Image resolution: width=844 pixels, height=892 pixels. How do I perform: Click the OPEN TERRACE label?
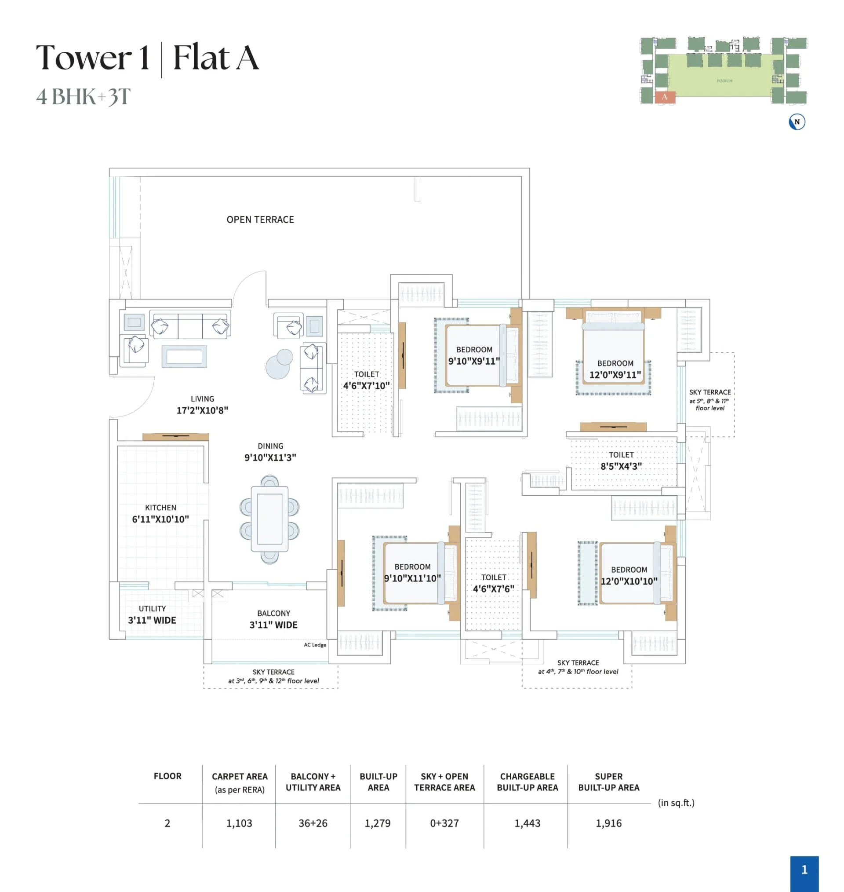click(260, 219)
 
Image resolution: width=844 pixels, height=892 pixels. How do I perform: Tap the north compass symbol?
click(797, 121)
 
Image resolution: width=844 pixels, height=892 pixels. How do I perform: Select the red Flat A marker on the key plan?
click(665, 97)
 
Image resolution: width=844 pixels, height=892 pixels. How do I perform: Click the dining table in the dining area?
click(269, 519)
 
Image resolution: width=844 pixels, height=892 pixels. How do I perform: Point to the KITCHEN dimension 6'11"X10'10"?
click(160, 519)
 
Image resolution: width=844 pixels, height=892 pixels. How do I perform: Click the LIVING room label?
click(203, 399)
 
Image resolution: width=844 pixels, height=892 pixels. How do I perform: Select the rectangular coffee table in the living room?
click(185, 356)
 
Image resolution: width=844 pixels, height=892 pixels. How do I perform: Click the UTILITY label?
click(152, 608)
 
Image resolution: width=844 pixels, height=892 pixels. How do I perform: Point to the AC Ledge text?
click(315, 645)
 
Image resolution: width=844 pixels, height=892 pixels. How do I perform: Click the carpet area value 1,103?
click(239, 823)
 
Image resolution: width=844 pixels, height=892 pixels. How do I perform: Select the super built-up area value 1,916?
click(609, 823)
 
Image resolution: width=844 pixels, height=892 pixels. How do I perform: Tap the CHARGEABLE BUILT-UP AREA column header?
click(527, 782)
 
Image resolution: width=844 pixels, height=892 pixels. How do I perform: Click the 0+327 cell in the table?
click(444, 823)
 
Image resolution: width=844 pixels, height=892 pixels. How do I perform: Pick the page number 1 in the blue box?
click(804, 870)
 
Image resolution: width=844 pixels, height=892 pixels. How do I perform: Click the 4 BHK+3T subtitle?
click(83, 96)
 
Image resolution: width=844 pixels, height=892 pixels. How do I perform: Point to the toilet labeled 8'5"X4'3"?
click(621, 461)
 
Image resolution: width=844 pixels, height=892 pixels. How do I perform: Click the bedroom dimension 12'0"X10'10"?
click(629, 581)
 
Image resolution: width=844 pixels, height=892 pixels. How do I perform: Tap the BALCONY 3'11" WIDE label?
click(273, 619)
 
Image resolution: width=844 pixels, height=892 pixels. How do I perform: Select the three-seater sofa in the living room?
click(190, 325)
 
